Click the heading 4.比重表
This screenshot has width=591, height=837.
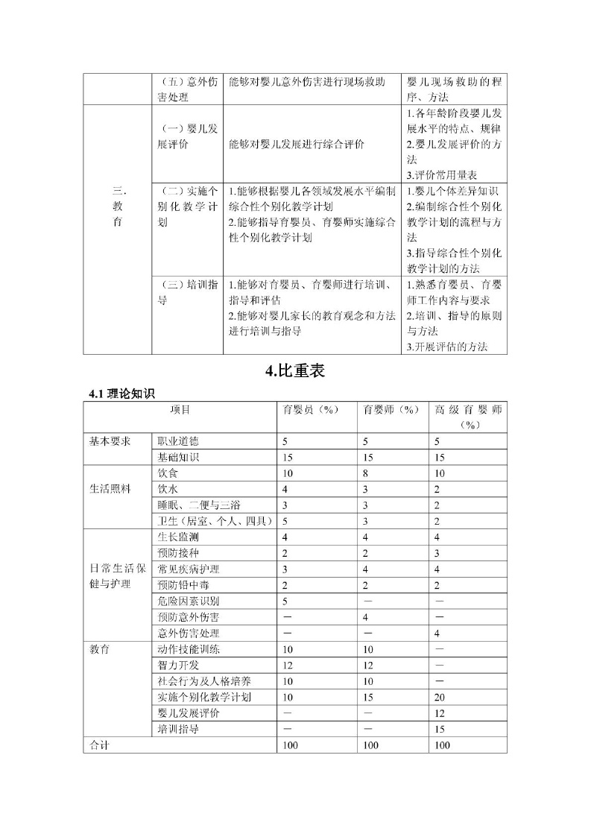[x=295, y=371]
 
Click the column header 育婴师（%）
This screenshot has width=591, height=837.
[x=391, y=410]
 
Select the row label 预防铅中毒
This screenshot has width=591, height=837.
[x=183, y=585]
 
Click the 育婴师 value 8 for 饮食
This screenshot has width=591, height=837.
[x=365, y=473]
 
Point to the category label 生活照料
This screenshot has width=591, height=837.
[x=110, y=489]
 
